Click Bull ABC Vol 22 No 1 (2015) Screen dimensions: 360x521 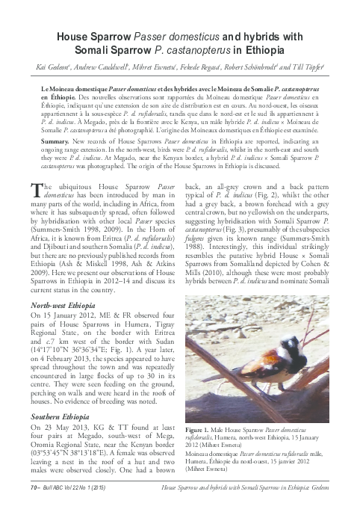point(74,508)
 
